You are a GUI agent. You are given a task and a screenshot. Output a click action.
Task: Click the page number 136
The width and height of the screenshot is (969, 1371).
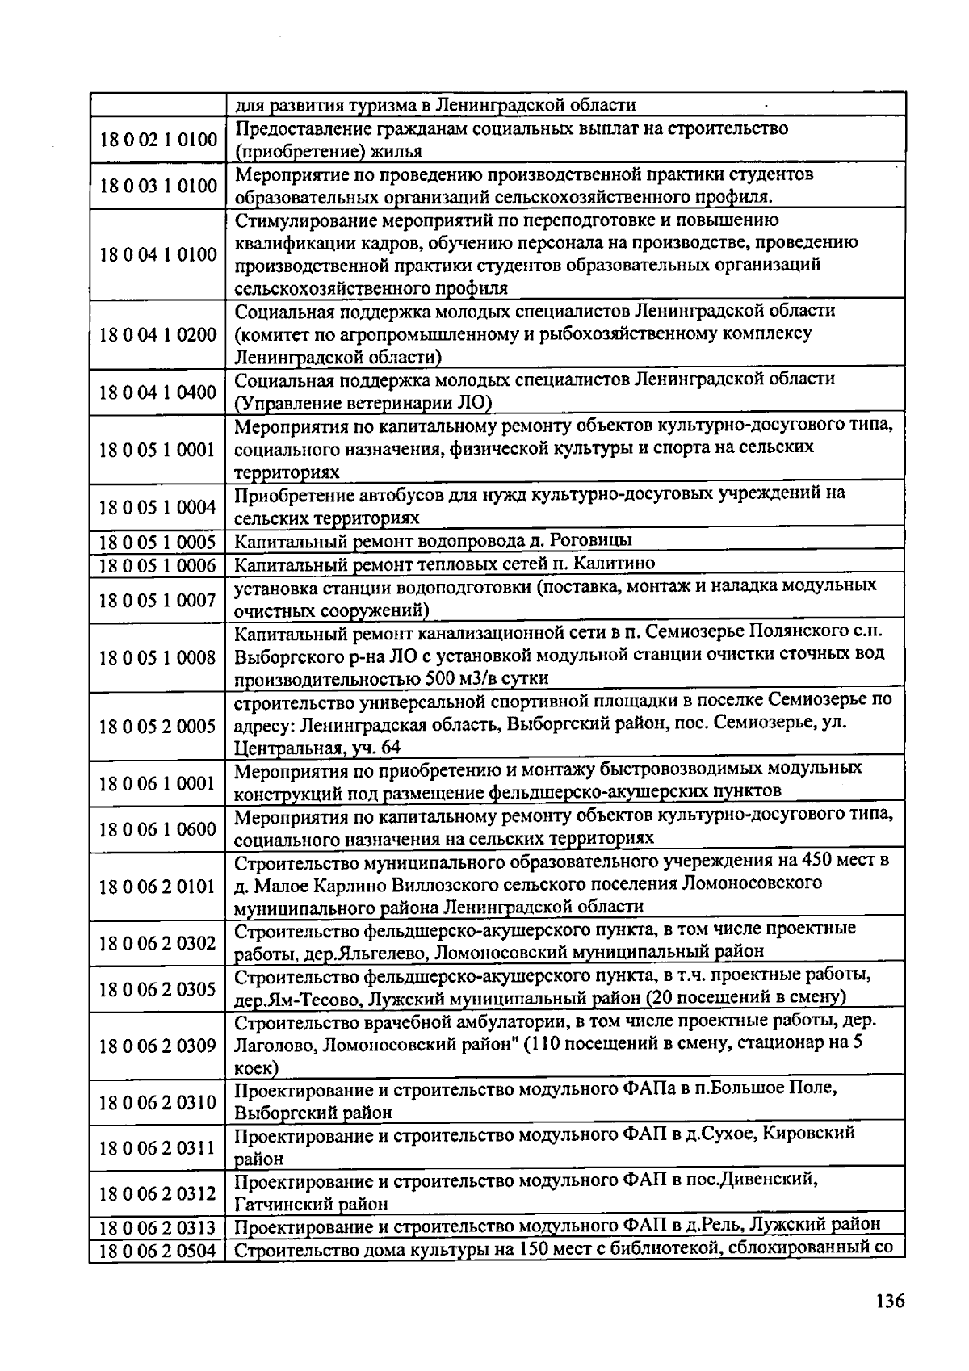coord(889,1301)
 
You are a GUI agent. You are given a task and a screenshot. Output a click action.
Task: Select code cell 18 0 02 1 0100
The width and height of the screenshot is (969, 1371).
coord(158,140)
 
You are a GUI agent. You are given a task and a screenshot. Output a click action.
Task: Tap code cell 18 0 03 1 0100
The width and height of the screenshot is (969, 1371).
coord(158,186)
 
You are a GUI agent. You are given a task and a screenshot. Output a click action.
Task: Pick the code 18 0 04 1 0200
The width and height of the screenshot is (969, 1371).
coord(158,334)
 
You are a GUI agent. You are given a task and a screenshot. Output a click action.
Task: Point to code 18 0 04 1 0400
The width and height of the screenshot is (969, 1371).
coord(158,393)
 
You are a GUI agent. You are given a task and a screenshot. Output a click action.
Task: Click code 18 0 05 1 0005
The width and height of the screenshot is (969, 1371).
coord(158,541)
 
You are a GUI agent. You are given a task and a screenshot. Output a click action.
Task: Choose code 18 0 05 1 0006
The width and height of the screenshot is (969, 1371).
coord(158,564)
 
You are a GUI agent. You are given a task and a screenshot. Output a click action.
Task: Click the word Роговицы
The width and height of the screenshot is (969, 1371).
coord(593,540)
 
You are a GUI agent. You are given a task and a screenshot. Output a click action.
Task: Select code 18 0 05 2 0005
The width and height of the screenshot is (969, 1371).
coord(158,726)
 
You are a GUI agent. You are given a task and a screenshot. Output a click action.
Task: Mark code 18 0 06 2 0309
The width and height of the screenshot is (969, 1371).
coord(158,1046)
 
